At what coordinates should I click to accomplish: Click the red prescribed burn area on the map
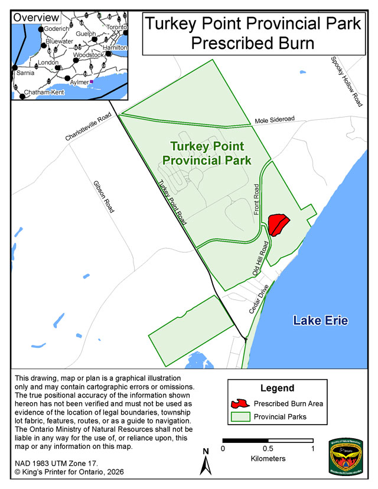(277, 224)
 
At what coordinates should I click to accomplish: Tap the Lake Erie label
(321, 321)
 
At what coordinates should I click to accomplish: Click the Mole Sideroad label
(274, 120)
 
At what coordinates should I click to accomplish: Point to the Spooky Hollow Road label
(346, 82)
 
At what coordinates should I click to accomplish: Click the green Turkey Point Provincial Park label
(207, 153)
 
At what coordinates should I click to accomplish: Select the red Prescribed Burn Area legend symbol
(239, 404)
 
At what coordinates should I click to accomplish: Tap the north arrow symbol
(206, 461)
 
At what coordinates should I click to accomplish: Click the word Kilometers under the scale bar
(268, 458)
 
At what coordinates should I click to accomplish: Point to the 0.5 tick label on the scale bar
(268, 448)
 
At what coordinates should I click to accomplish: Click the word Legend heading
(277, 388)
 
